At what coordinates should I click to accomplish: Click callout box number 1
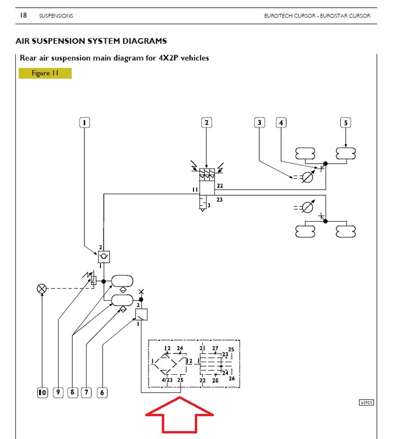(x=84, y=122)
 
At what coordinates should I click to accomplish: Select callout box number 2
(x=207, y=122)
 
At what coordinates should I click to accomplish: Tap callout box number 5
(x=346, y=122)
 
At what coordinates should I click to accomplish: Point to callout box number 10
(x=42, y=392)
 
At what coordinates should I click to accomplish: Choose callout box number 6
(x=102, y=392)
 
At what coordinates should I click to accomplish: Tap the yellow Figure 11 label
(x=45, y=74)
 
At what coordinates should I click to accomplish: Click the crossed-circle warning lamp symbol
(x=42, y=289)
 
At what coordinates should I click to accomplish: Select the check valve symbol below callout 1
(x=104, y=257)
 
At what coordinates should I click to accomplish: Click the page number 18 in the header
(x=24, y=15)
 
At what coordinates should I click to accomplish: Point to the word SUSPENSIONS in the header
(x=56, y=16)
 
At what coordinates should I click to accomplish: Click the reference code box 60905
(x=366, y=403)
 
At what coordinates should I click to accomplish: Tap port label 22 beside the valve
(x=220, y=185)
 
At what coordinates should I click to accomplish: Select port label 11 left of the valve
(x=195, y=190)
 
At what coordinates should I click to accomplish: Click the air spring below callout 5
(x=346, y=154)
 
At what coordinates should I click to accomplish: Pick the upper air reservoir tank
(x=122, y=281)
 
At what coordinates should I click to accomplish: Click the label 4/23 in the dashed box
(x=167, y=380)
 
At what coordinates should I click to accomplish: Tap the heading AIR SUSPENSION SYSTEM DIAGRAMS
(x=91, y=41)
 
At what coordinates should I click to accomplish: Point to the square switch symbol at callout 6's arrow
(x=141, y=314)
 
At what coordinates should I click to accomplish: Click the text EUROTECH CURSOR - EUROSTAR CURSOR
(x=317, y=16)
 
